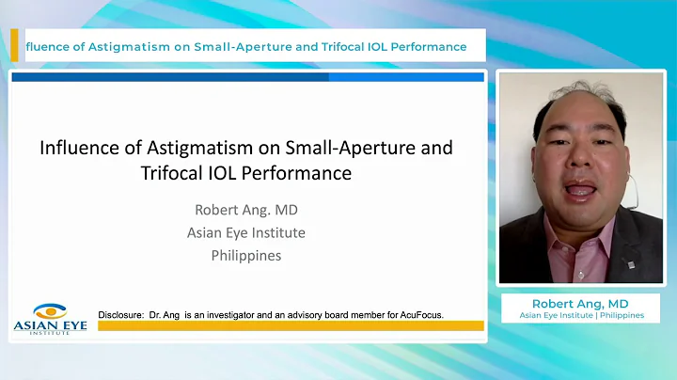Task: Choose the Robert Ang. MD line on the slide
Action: (x=246, y=209)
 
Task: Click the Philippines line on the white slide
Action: (x=246, y=255)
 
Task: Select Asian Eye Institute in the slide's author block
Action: (x=246, y=232)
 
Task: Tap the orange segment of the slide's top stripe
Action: (x=407, y=77)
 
